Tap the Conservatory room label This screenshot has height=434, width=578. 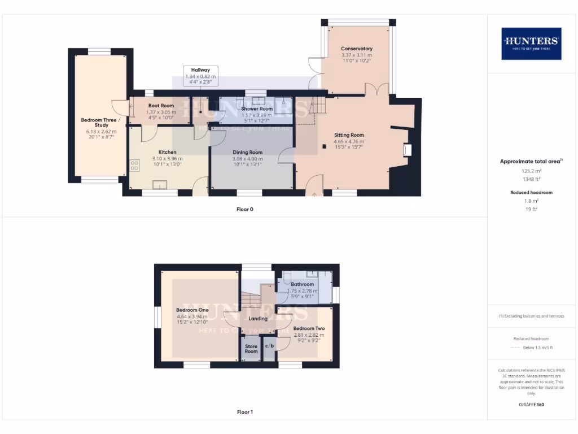tap(357, 49)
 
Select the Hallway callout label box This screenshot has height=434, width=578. tap(200, 76)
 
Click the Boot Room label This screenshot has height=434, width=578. tap(161, 106)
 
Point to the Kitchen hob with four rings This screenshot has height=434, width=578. tap(135, 166)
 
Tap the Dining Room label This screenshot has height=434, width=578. tap(248, 152)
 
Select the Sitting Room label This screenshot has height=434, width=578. tap(349, 135)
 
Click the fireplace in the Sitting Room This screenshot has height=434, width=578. tap(408, 150)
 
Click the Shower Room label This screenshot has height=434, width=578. tap(257, 108)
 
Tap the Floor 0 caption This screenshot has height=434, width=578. tap(244, 209)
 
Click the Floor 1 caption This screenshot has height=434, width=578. tap(244, 412)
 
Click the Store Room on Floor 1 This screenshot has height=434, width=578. tap(251, 349)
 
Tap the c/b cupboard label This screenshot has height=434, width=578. tap(269, 345)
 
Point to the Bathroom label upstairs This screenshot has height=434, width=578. tap(303, 284)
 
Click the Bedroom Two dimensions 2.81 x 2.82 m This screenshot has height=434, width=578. tap(308, 335)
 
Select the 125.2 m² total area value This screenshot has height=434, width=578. tap(531, 170)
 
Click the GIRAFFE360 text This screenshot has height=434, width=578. tap(531, 405)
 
